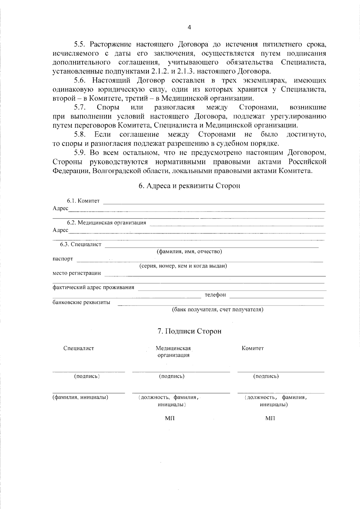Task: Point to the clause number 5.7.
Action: (x=80, y=107)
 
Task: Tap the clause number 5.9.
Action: (x=80, y=153)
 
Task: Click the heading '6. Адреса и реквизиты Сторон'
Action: (x=189, y=186)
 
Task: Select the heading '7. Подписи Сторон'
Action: (x=189, y=331)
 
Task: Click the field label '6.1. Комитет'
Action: (x=83, y=201)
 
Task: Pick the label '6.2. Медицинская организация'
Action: (x=106, y=223)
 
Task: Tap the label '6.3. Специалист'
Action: (x=81, y=244)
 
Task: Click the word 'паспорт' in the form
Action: (x=63, y=259)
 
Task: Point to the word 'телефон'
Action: (x=215, y=295)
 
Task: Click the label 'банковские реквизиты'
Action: (x=81, y=302)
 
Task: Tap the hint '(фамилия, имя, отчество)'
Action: (x=189, y=251)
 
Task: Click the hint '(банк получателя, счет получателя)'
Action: (x=217, y=309)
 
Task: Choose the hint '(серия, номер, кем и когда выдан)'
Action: (x=183, y=266)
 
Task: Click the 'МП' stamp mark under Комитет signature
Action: (x=270, y=418)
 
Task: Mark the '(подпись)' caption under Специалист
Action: (x=87, y=376)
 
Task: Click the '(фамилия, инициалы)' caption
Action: (x=80, y=397)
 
